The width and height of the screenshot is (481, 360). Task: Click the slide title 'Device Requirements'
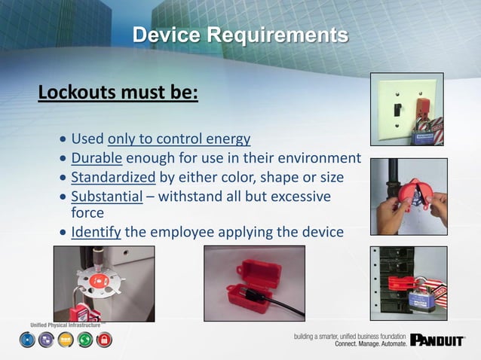point(240,35)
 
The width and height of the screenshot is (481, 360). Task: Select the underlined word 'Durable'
point(97,158)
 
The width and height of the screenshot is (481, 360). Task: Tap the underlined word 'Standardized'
point(113,177)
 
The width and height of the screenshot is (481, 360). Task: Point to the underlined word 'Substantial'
point(106,196)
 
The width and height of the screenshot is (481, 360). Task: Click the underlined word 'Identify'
point(96,231)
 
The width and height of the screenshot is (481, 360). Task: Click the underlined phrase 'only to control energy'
point(179,139)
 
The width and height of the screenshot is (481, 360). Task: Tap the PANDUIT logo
point(437,340)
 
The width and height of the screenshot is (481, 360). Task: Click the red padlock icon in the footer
point(105,340)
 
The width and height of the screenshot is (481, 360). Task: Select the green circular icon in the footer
point(85,340)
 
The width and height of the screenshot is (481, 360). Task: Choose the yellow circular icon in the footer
point(66,340)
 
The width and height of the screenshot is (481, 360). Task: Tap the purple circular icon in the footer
point(46,340)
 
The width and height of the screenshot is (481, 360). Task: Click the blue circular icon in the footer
point(27,340)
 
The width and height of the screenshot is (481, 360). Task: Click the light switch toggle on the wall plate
point(396,111)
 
